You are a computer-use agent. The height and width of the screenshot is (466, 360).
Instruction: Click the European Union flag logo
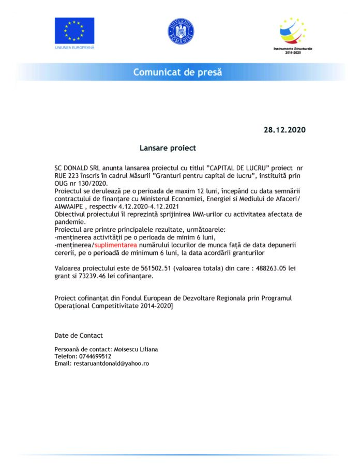[x=74, y=31]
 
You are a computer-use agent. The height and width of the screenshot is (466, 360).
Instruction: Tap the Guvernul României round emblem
[x=181, y=31]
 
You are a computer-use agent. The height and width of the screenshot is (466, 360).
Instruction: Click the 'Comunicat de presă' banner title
[x=177, y=72]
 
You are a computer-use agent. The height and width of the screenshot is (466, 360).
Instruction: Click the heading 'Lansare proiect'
[x=168, y=148]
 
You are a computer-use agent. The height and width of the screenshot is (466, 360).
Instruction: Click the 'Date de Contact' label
[x=79, y=335]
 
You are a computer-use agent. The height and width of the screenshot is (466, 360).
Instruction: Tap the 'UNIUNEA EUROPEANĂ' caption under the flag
[x=74, y=48]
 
